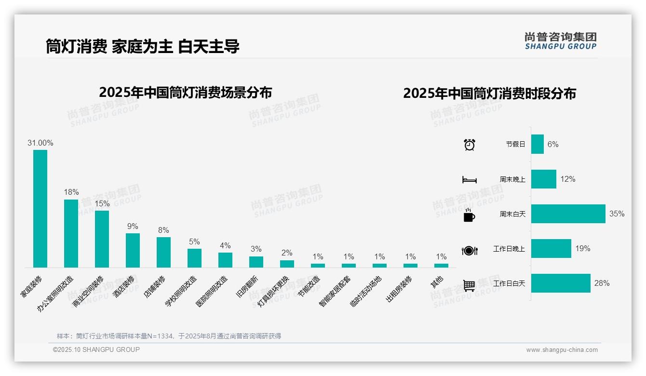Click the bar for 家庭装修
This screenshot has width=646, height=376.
pyautogui.click(x=40, y=208)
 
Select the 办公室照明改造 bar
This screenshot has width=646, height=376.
pyautogui.click(x=71, y=233)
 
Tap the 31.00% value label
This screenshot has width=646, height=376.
pyautogui.click(x=40, y=143)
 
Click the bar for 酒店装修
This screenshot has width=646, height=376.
pyautogui.click(x=133, y=250)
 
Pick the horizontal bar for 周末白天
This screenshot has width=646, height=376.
pyautogui.click(x=568, y=214)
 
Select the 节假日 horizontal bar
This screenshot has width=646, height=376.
pyautogui.click(x=537, y=144)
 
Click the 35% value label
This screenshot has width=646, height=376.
pyautogui.click(x=617, y=214)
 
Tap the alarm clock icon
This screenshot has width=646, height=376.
pyautogui.click(x=469, y=145)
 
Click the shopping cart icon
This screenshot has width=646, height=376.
pyautogui.click(x=469, y=285)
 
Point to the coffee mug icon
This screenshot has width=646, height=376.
pyautogui.click(x=469, y=215)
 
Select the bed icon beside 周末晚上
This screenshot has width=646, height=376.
pyautogui.click(x=469, y=180)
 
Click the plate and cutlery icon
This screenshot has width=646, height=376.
pyautogui.click(x=469, y=250)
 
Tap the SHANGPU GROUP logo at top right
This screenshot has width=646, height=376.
pyautogui.click(x=560, y=41)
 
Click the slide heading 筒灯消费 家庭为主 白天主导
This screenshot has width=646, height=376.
pyautogui.click(x=143, y=46)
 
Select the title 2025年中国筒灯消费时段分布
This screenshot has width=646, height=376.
pyautogui.click(x=489, y=93)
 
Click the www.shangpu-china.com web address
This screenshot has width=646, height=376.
pyautogui.click(x=562, y=350)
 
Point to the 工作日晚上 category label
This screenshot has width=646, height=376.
pyautogui.click(x=509, y=249)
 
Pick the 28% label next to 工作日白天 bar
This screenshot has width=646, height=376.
pyautogui.click(x=602, y=283)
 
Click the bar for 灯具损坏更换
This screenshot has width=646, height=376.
pyautogui.click(x=287, y=264)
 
